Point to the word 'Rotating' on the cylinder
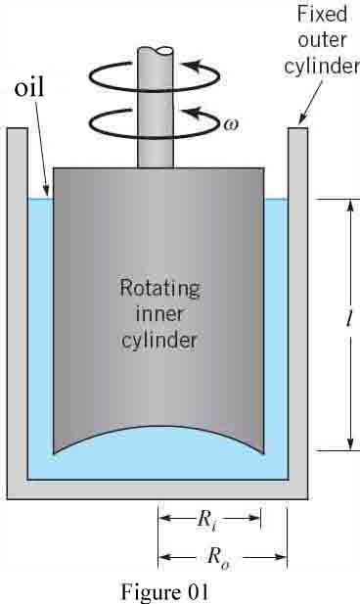coord(159,289)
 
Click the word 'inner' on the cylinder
coord(159,315)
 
